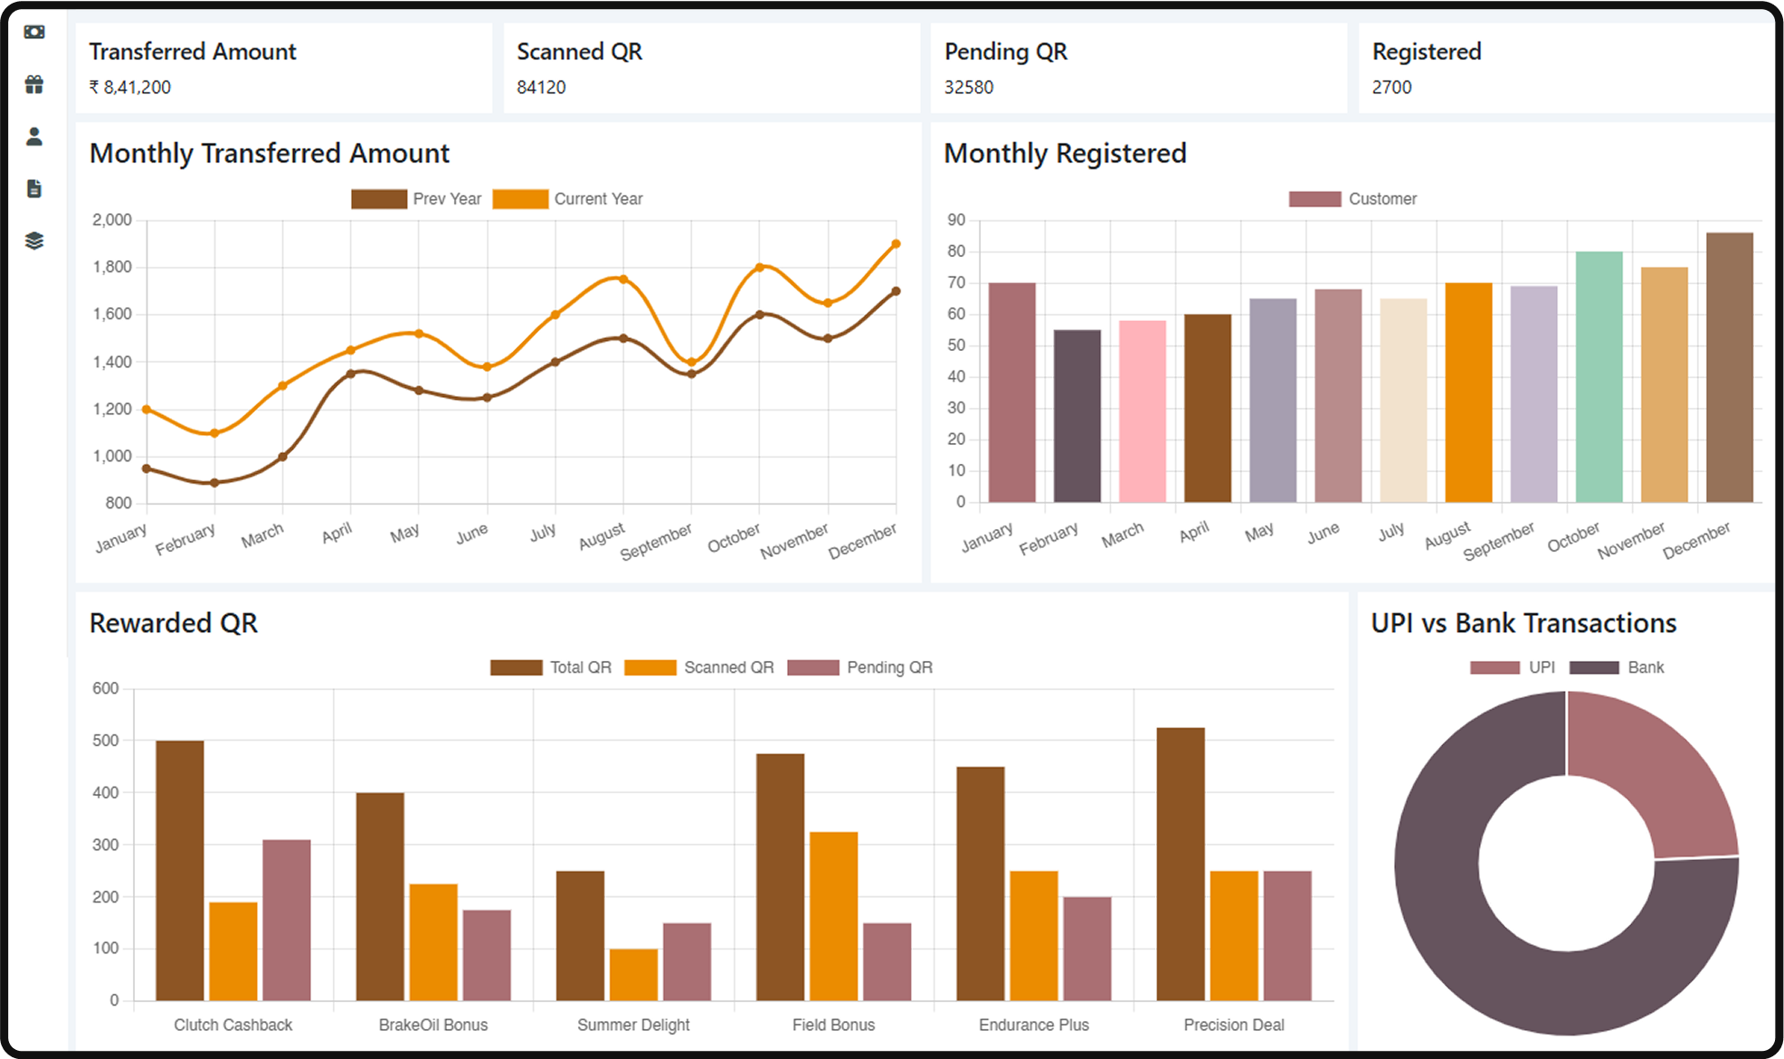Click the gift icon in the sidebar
point(34,84)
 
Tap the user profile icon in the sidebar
point(34,137)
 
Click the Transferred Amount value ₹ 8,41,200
point(130,88)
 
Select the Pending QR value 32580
point(969,88)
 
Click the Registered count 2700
point(1391,88)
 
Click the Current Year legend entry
point(568,199)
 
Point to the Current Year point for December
point(896,244)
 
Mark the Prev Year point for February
point(214,483)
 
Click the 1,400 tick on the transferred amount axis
point(112,362)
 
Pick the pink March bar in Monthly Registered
point(1142,411)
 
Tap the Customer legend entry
point(1353,199)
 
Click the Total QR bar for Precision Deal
point(1181,864)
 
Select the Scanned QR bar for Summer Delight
point(633,975)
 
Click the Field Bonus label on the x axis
point(833,1025)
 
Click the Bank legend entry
point(1618,667)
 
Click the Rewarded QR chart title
point(174,623)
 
